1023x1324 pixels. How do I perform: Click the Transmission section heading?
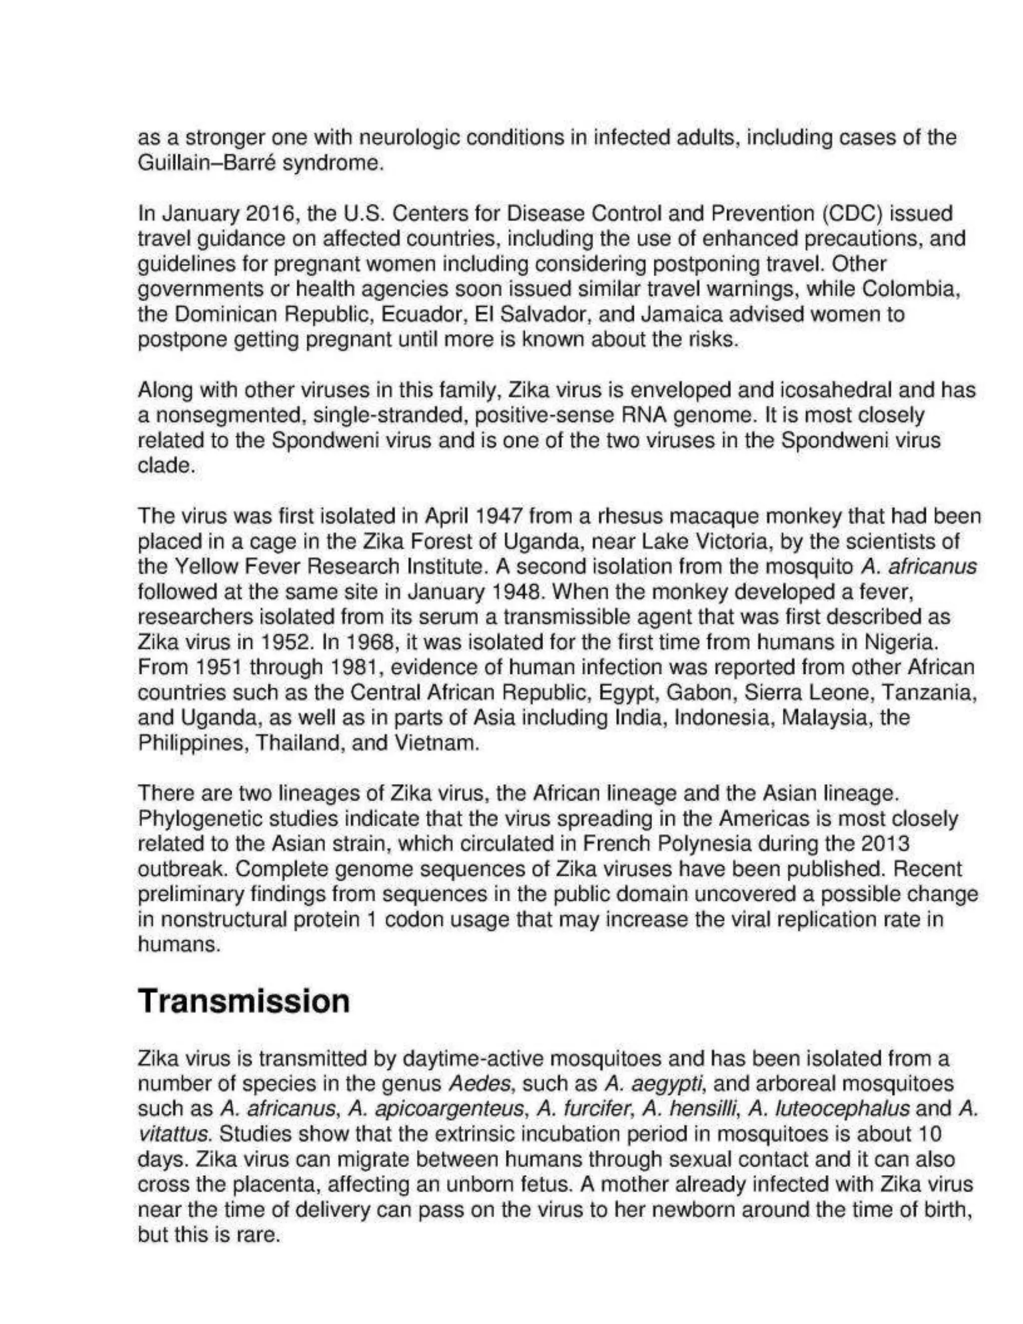[x=244, y=1001]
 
